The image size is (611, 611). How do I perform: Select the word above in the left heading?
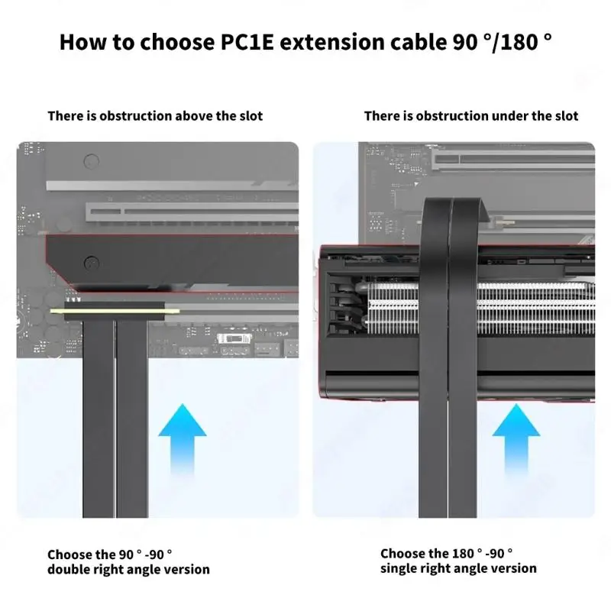tap(195, 116)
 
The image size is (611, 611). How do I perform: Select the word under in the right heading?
tap(509, 116)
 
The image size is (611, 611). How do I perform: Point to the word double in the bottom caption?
tap(70, 569)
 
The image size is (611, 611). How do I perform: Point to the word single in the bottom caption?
tap(400, 568)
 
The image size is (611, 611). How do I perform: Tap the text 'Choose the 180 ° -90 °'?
tap(447, 553)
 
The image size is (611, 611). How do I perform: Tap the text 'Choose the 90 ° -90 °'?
tap(110, 554)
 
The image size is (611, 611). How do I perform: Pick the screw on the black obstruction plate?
tap(92, 261)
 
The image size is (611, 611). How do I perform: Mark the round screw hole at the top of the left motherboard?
tap(92, 161)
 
